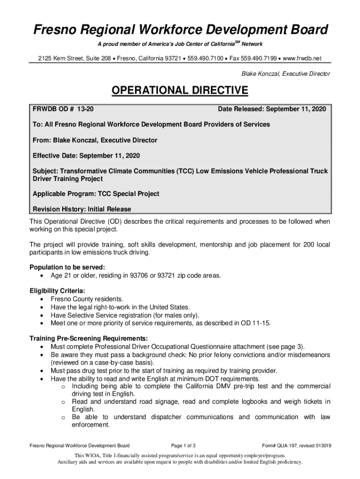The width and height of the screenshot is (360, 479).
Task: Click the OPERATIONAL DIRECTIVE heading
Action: (180, 90)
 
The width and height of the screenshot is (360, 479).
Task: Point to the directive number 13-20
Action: (85, 109)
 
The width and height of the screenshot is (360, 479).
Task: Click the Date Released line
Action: (272, 109)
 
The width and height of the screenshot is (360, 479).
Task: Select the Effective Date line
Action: (86, 155)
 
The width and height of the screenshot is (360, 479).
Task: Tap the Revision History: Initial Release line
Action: (82, 209)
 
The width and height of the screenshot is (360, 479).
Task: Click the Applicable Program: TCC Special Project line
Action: (96, 194)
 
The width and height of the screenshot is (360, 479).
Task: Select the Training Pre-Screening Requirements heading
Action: (89, 338)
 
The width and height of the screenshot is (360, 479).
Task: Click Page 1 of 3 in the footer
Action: (183, 445)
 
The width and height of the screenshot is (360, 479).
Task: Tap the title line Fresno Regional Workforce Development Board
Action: (180, 30)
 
